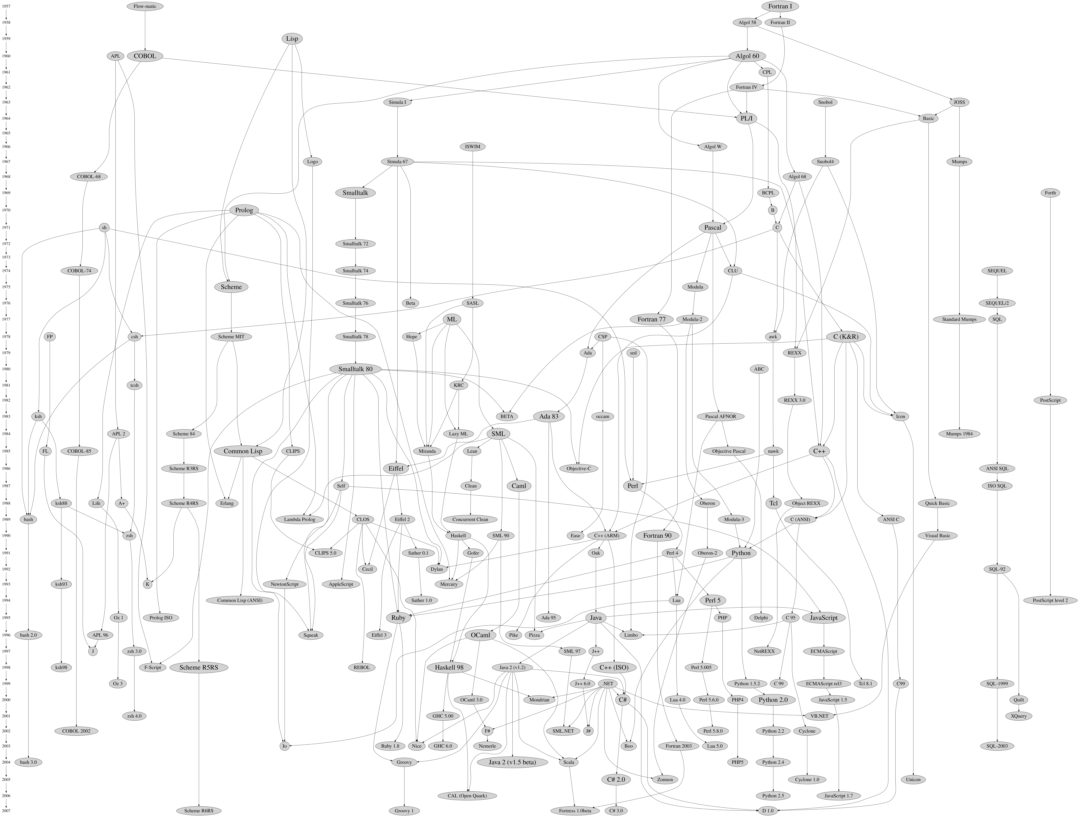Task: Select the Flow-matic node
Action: pyautogui.click(x=145, y=6)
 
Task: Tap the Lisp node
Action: pyautogui.click(x=292, y=38)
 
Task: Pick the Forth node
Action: pyautogui.click(x=1050, y=193)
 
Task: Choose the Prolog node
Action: pyautogui.click(x=244, y=210)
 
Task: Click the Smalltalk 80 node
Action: pyautogui.click(x=355, y=369)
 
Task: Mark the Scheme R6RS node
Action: pyautogui.click(x=199, y=811)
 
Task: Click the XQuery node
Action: pyautogui.click(x=1019, y=716)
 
